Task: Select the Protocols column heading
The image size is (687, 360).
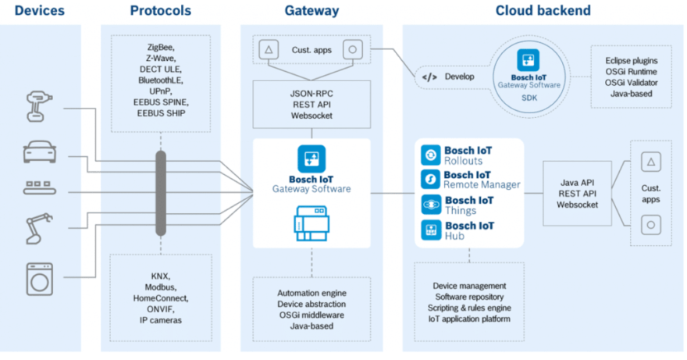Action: (160, 11)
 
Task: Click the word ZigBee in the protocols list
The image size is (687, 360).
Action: (160, 48)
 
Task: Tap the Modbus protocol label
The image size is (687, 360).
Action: (160, 287)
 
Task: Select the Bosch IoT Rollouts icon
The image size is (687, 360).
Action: (430, 155)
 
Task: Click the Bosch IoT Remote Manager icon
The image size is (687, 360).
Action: (430, 180)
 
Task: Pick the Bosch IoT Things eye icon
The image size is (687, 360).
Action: (430, 205)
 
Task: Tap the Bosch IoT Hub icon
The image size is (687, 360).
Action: (430, 230)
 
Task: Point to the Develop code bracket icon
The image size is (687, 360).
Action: (429, 77)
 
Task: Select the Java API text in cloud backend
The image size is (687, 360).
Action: (577, 183)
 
